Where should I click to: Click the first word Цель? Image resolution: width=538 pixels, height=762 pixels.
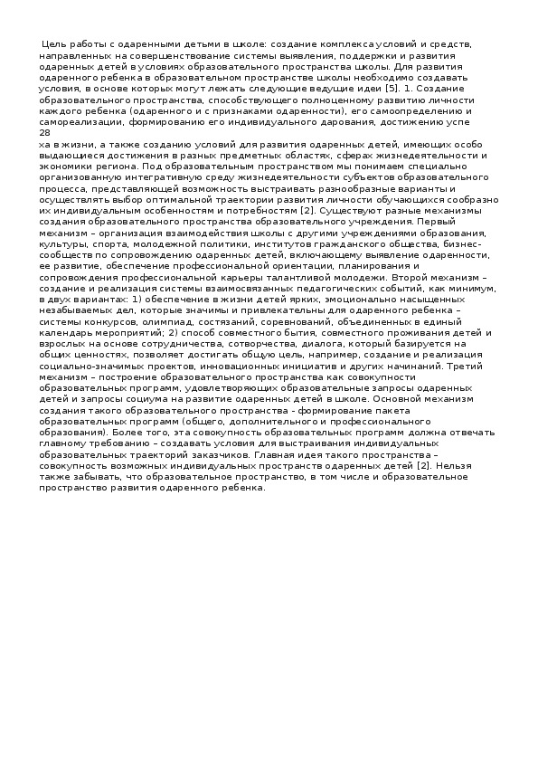pyautogui.click(x=55, y=43)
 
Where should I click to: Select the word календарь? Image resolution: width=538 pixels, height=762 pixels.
pyautogui.click(x=66, y=333)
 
